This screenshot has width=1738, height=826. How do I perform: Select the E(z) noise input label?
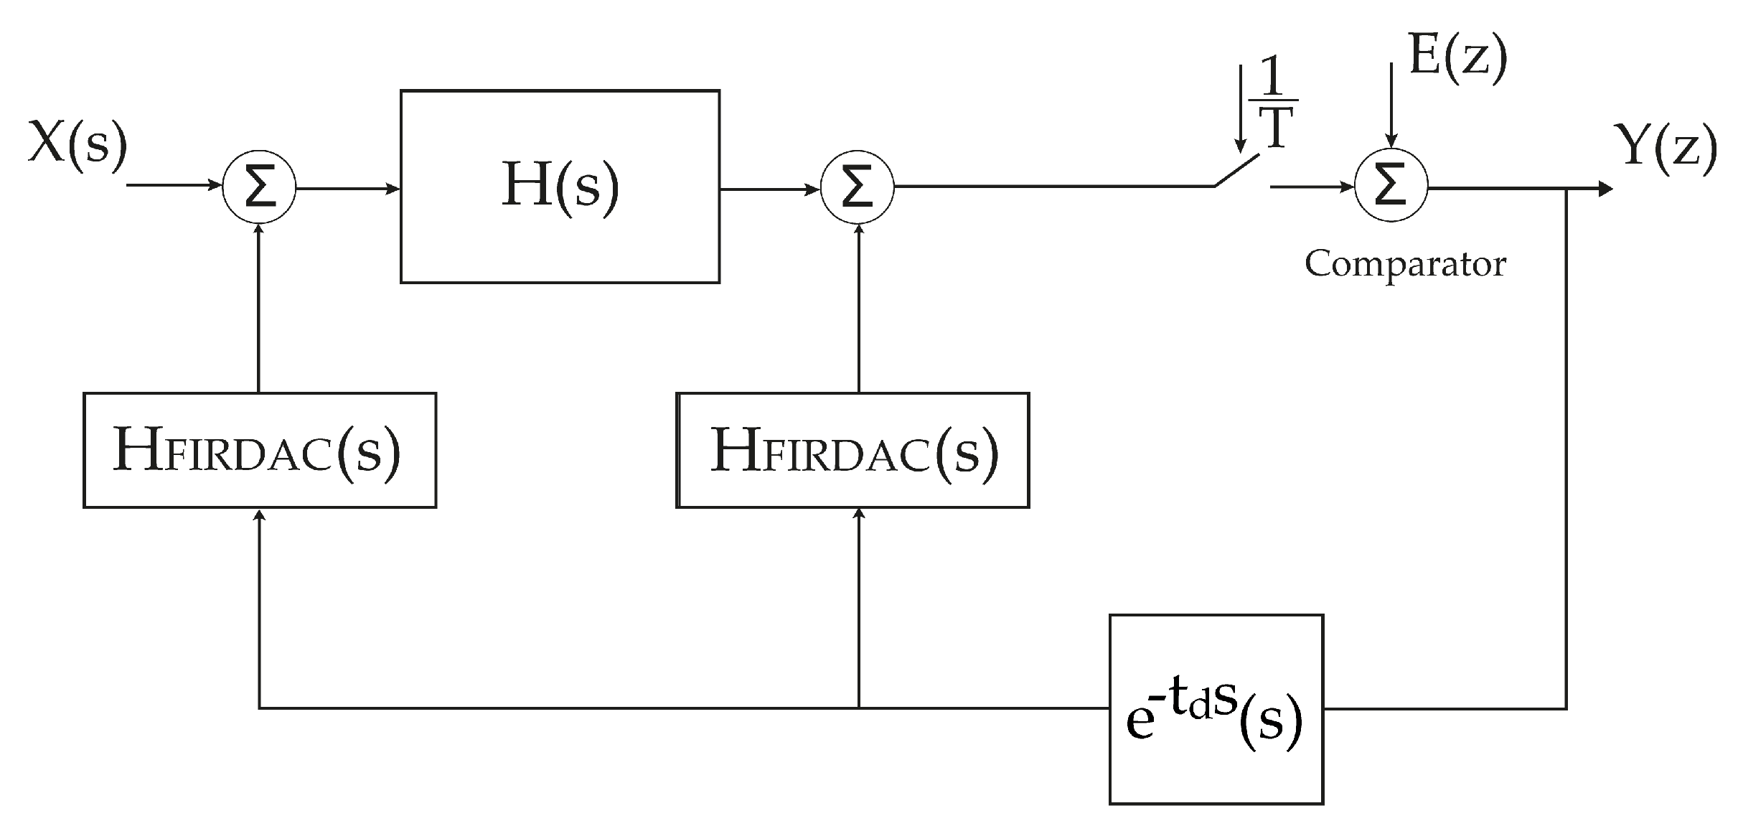click(1457, 56)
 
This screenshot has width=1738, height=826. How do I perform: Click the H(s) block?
click(560, 187)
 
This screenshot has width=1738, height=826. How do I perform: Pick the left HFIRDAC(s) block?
click(260, 450)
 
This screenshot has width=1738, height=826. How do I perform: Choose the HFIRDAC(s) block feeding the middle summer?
click(852, 450)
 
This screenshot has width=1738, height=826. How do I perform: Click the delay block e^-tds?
click(1216, 709)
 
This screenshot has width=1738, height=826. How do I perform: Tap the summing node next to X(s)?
click(259, 188)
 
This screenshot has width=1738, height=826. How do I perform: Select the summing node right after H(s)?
click(857, 188)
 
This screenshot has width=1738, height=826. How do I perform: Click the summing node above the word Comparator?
click(1391, 187)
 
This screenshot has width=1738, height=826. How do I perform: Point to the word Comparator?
click(1404, 264)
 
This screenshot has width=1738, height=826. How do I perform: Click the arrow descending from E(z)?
click(1391, 108)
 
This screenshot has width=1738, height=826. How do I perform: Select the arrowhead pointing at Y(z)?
click(1605, 189)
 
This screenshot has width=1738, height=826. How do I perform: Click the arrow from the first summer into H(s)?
click(347, 189)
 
